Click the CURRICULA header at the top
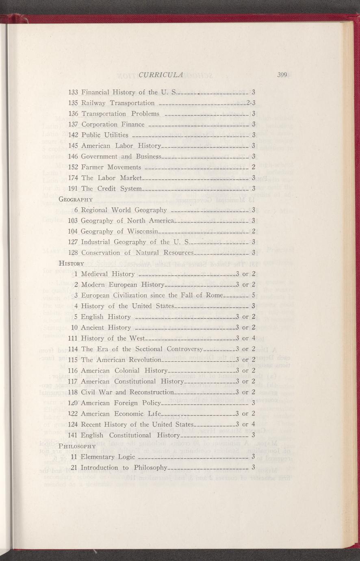161,74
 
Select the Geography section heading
76,199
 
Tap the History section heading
72,263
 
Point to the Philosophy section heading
77,446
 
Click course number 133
74,92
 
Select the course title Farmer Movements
111,167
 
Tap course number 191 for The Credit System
74,188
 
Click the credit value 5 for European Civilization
253,295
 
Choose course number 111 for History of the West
74,338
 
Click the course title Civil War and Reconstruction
127,392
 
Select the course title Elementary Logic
105,457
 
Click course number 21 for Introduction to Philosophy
74,467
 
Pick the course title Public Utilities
105,135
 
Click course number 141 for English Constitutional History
74,435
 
